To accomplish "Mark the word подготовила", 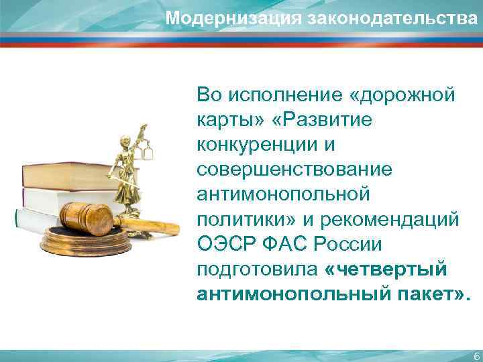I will coord(256,269).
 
